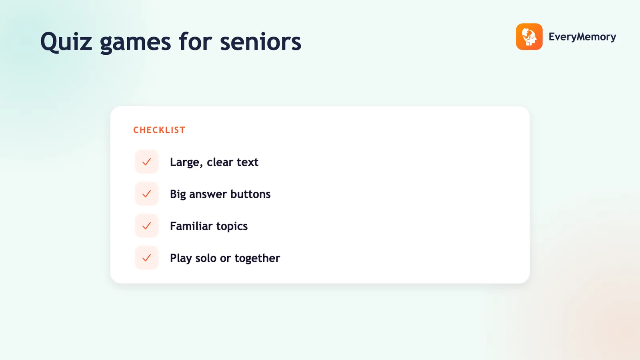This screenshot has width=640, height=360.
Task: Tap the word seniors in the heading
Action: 260,42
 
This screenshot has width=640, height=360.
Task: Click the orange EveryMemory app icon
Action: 529,36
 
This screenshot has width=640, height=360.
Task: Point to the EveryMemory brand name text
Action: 582,37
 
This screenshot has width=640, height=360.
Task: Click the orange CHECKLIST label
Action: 160,130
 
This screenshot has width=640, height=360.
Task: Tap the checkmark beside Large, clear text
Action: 146,162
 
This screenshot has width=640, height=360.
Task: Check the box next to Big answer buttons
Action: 146,194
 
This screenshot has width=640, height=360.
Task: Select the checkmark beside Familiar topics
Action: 146,226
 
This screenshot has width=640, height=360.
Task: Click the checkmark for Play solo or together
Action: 146,258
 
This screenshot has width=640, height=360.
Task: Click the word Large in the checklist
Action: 186,162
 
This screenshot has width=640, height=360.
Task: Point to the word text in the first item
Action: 248,162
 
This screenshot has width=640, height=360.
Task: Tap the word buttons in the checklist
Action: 250,194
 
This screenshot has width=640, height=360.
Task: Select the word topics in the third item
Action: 232,226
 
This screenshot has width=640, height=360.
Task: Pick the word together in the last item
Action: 257,258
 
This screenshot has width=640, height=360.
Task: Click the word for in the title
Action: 196,42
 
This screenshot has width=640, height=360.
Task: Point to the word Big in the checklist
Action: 178,194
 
